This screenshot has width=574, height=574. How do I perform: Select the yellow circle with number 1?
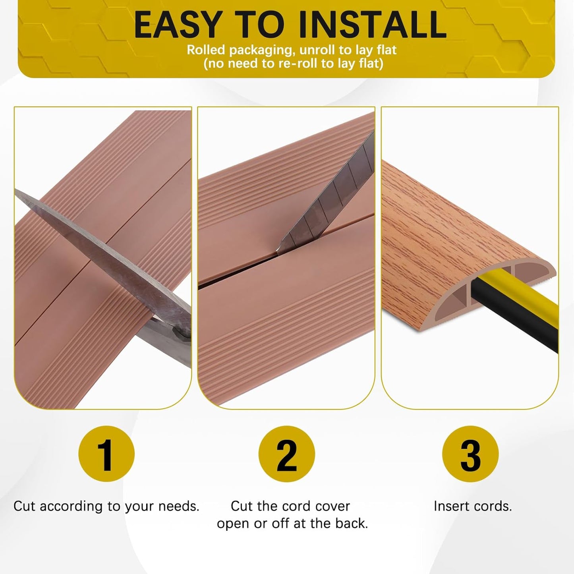point(106,454)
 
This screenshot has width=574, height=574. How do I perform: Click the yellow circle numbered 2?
point(286,454)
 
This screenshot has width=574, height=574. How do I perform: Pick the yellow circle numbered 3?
point(470,454)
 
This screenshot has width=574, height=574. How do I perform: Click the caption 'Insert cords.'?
point(473,506)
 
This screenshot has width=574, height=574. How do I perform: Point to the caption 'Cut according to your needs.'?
point(106,506)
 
